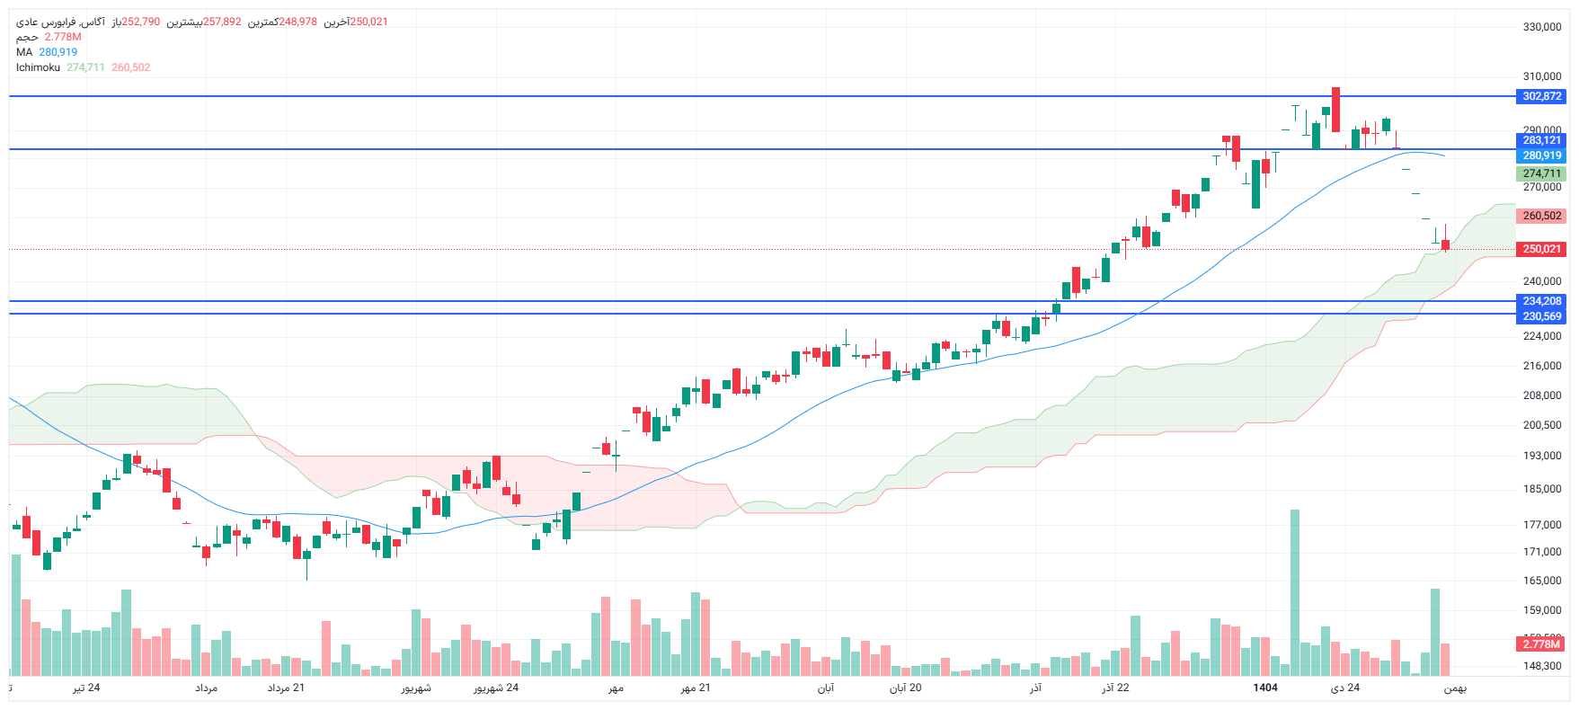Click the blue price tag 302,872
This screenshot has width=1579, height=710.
coord(1541,96)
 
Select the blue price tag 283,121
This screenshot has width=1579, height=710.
coord(1541,140)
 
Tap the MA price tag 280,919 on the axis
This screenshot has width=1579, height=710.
coord(1541,155)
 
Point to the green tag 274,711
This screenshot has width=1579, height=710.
coord(1541,173)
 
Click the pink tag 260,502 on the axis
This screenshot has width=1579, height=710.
coord(1541,216)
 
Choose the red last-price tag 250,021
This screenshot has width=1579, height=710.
coord(1541,249)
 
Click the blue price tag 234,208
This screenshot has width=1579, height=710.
coord(1541,301)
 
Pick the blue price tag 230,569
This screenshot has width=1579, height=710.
coord(1541,316)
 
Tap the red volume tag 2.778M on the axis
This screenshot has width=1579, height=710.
coord(1541,644)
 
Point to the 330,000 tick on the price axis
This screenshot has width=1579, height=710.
coord(1541,27)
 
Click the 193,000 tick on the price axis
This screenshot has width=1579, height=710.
coord(1541,456)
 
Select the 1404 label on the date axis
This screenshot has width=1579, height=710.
coord(1265,688)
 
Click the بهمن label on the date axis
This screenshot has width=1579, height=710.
coord(1455,688)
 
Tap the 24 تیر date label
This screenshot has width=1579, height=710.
coord(86,688)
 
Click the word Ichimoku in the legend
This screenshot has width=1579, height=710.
coord(38,67)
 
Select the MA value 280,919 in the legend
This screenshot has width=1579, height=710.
coord(58,52)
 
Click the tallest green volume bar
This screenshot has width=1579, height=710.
coord(1295,593)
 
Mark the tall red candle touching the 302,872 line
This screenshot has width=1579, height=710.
coord(1336,110)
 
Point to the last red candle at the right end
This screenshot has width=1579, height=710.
coord(1445,244)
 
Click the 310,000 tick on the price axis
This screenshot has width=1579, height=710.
coord(1541,76)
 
